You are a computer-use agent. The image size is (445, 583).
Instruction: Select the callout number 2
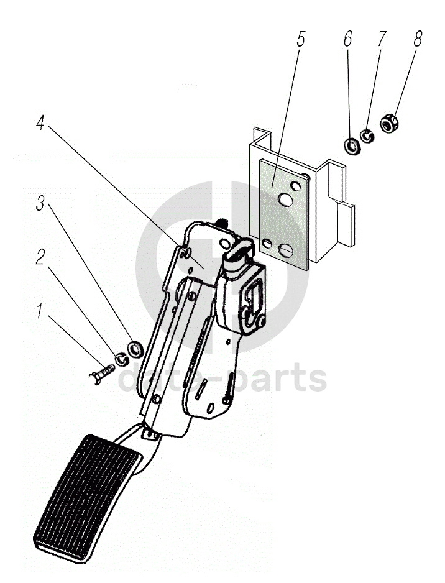pos(40,257)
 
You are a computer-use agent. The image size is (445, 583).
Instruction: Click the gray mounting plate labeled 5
pos(273,180)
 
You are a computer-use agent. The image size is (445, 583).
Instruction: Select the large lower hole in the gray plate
pos(287,249)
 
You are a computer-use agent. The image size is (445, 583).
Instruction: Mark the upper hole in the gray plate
pos(286,199)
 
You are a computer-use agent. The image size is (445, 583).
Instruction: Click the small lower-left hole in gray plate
pos(267,243)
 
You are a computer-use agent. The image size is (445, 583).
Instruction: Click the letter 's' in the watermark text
pos(316,379)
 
